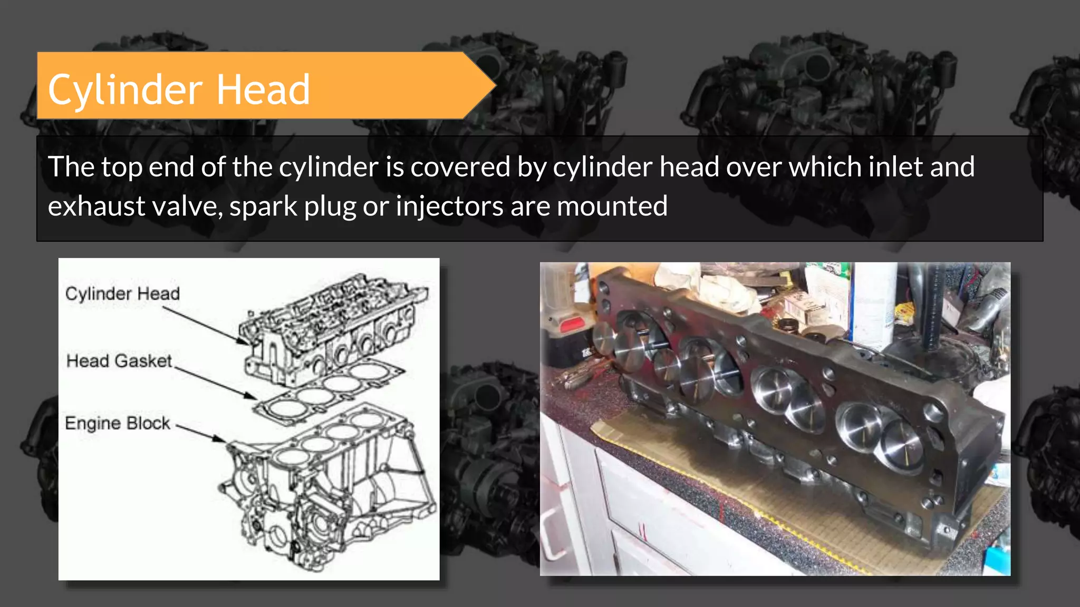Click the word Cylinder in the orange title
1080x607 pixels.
pyautogui.click(x=126, y=90)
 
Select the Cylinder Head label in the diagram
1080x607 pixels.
pyautogui.click(x=122, y=293)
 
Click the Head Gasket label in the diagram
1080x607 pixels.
pyautogui.click(x=119, y=361)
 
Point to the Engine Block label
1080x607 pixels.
pyautogui.click(x=118, y=423)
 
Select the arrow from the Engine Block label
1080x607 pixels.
pyautogui.click(x=200, y=433)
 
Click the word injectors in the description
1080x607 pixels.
pyautogui.click(x=449, y=206)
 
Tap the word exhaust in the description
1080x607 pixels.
pyautogui.click(x=96, y=206)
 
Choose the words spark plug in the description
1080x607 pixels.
pyautogui.click(x=292, y=206)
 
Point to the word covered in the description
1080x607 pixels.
pyautogui.click(x=460, y=167)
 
